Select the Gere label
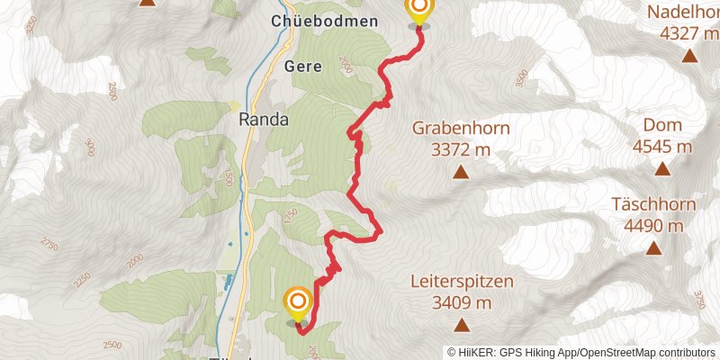point(302,67)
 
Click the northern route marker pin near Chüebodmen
point(418,11)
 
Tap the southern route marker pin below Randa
point(297,305)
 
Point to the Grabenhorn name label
point(461,128)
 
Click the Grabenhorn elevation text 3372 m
point(461,149)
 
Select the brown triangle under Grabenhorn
point(461,171)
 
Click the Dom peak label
point(662,126)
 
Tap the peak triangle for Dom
point(662,168)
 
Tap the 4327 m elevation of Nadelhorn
point(689,34)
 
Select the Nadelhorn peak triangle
point(689,56)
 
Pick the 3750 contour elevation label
point(698,298)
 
